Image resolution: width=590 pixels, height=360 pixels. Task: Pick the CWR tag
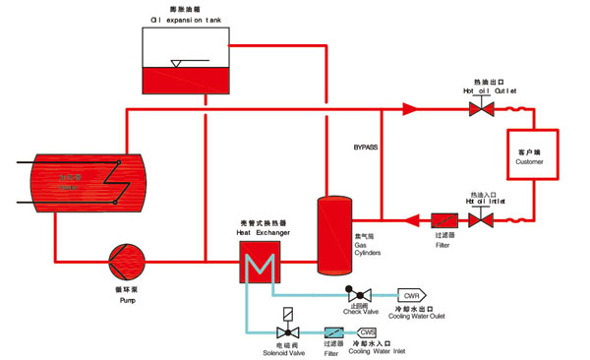click(x=412, y=295)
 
